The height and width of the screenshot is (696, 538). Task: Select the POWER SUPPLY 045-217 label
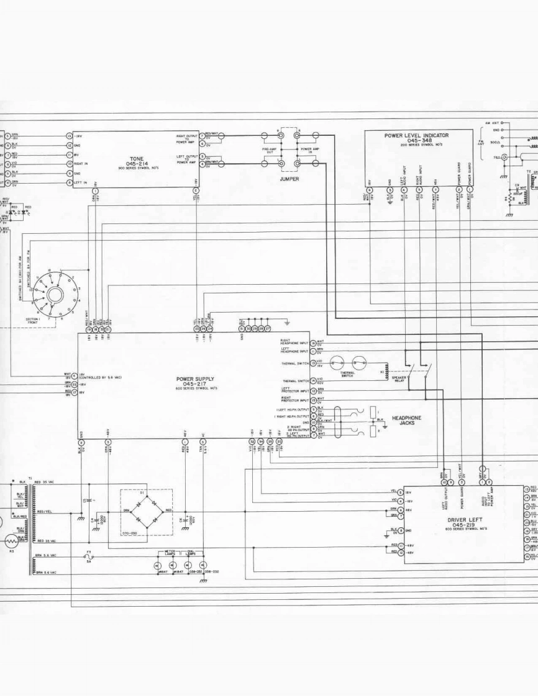pyautogui.click(x=194, y=381)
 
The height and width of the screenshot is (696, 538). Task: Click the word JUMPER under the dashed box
pyautogui.click(x=289, y=179)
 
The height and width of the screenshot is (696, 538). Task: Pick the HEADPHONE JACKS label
pyautogui.click(x=406, y=421)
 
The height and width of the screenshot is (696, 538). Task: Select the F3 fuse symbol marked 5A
pyautogui.click(x=88, y=556)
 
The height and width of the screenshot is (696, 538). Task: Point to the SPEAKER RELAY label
pyautogui.click(x=398, y=379)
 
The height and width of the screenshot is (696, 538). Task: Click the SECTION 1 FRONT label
pyautogui.click(x=32, y=321)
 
